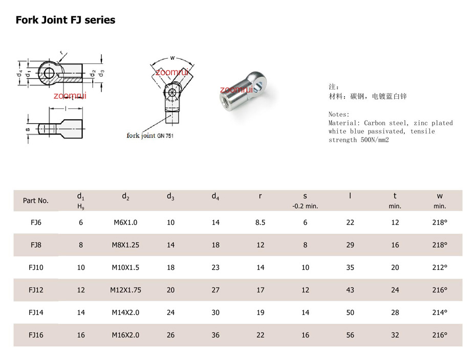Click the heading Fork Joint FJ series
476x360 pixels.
66,20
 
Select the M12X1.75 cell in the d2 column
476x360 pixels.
126,290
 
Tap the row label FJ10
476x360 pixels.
36,267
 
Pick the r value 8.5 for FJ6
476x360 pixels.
260,222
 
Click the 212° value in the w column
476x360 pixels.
440,267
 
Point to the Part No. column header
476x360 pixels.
35,200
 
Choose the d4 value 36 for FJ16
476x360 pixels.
215,335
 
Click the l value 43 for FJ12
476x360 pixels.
350,290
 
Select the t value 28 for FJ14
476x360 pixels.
395,312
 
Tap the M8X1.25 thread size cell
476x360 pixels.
126,245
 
